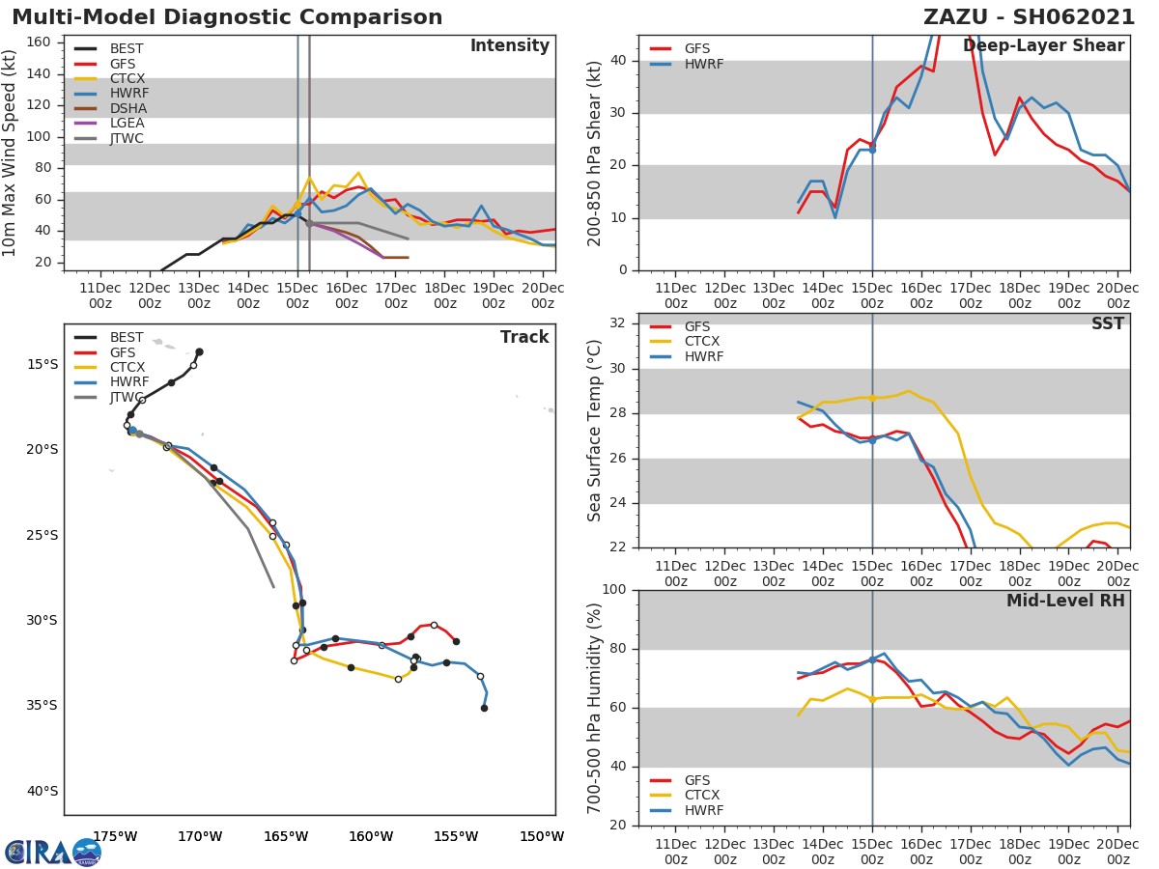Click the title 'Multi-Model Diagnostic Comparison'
[x=227, y=17]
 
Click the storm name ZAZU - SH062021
[x=1026, y=17]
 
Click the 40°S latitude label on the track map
[x=42, y=791]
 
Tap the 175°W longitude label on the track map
[x=115, y=836]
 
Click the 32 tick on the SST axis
[x=616, y=323]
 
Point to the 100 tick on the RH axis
[x=612, y=590]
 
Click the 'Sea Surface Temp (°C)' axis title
[x=595, y=431]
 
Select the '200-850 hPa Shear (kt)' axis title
[x=595, y=153]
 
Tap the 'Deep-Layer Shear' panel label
[x=1043, y=46]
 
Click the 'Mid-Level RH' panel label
[x=1065, y=601]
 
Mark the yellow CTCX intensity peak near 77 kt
[x=358, y=173]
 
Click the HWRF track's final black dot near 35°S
[x=484, y=708]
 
